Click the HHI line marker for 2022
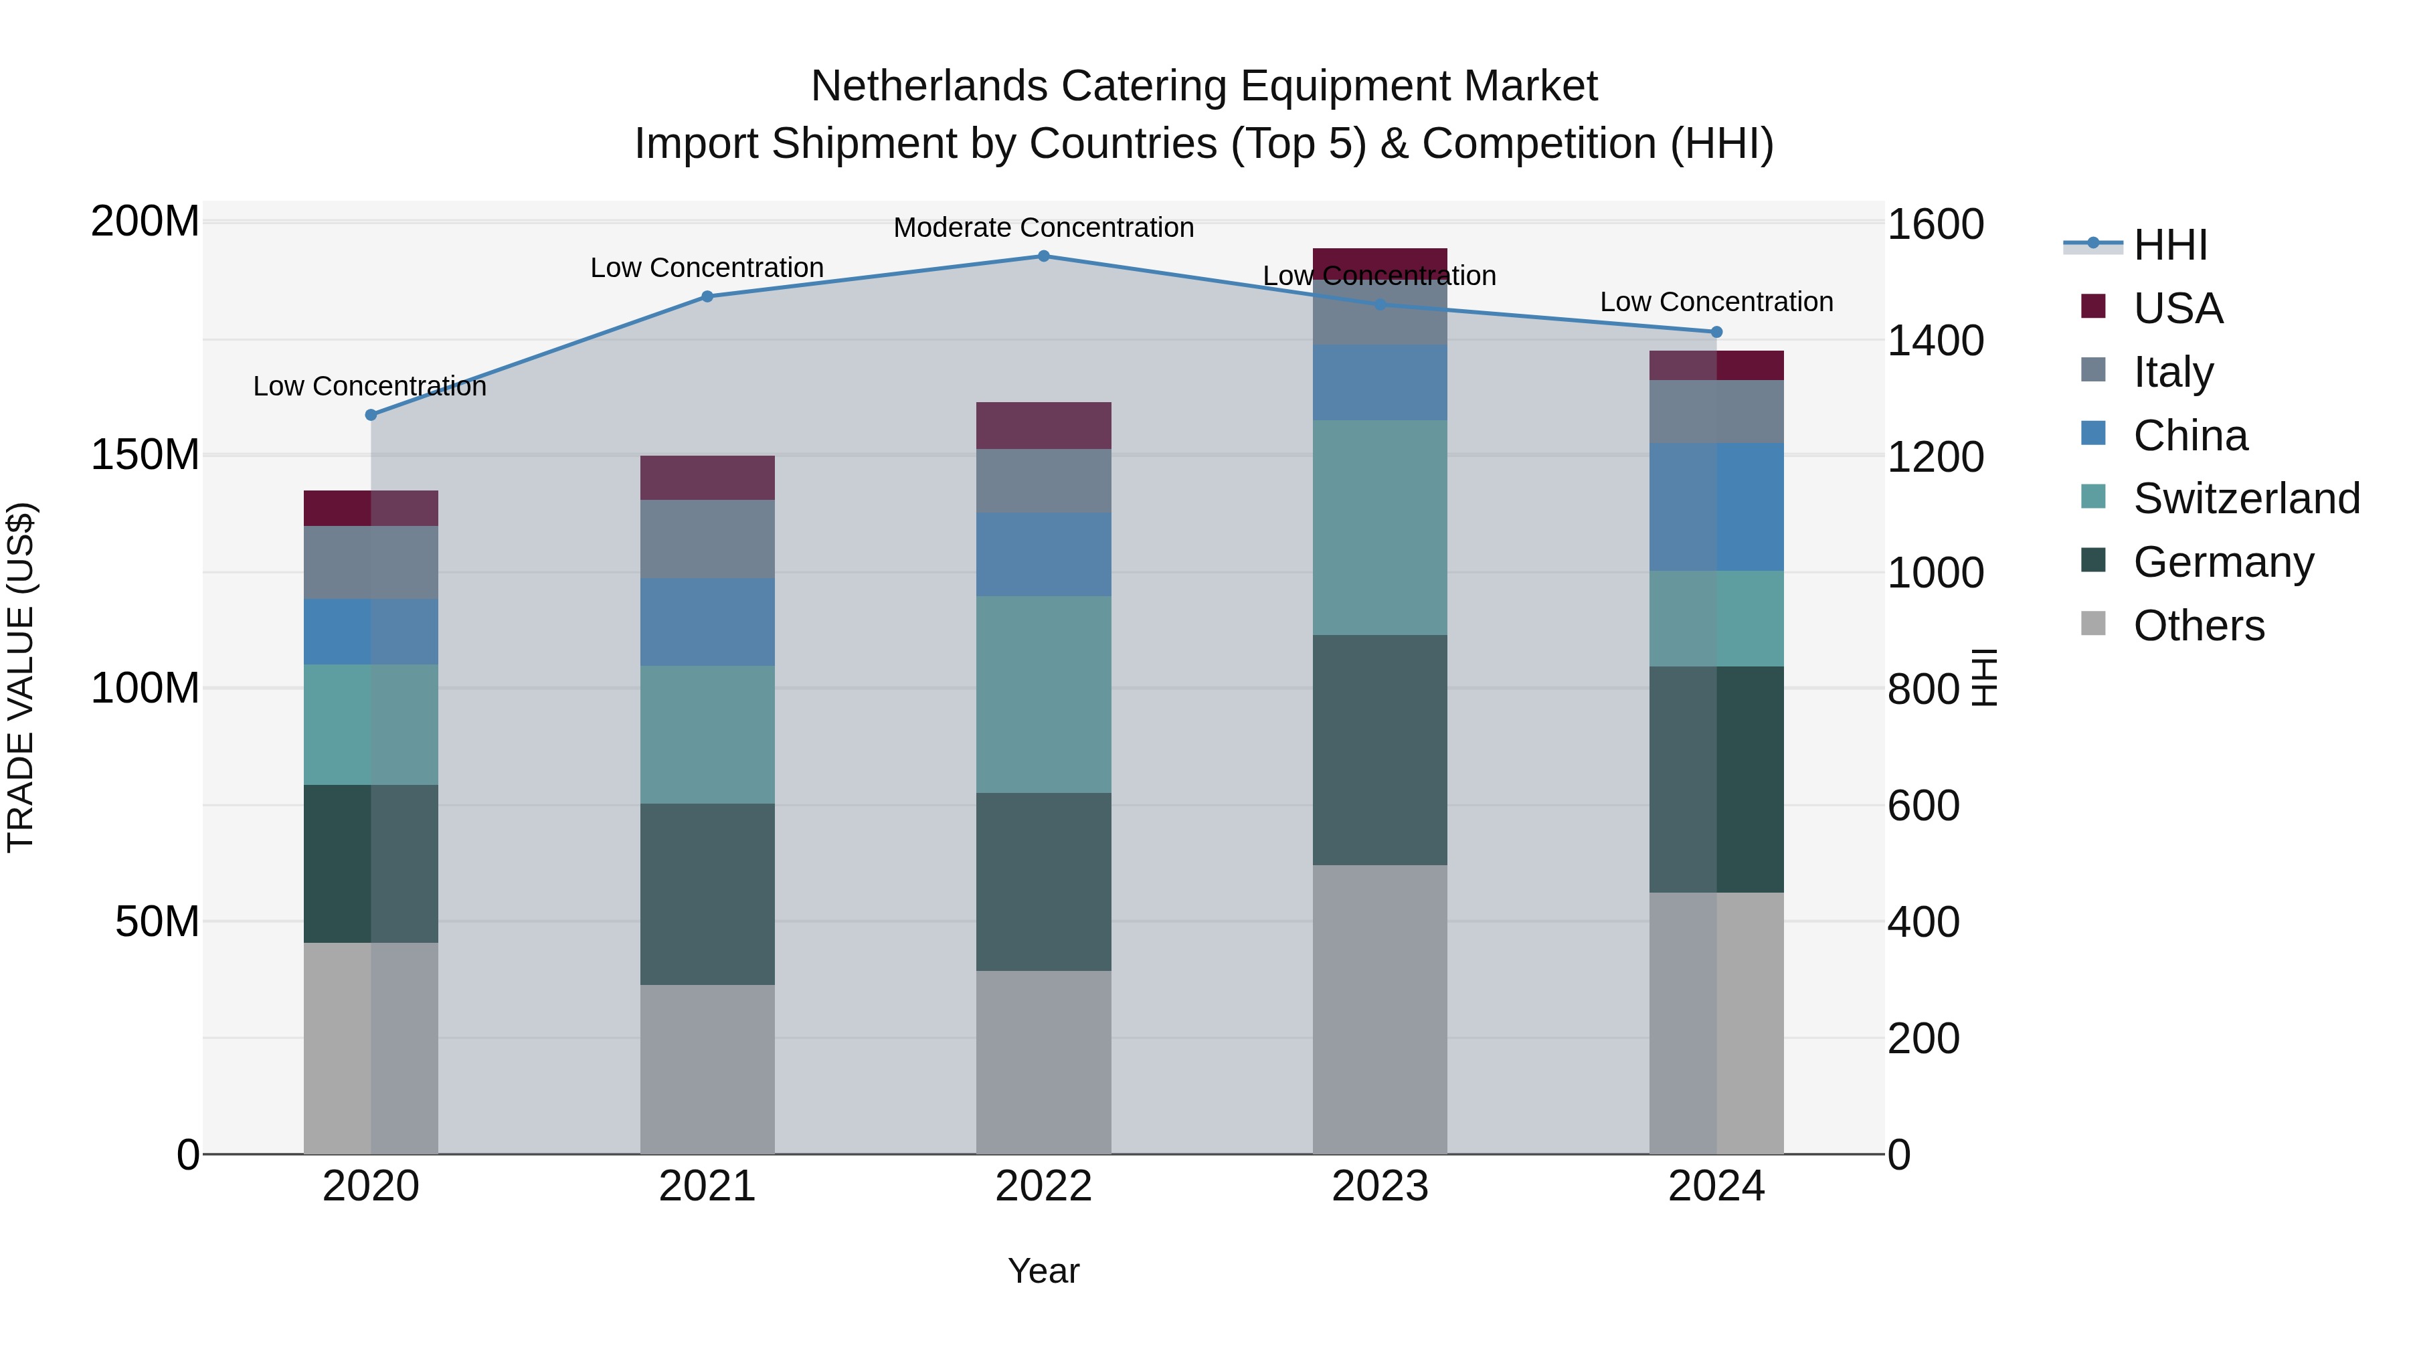pos(1044,256)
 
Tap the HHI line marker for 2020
pos(371,414)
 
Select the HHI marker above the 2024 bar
pos(1716,332)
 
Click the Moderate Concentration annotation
pos(1044,228)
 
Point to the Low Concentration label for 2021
pos(707,268)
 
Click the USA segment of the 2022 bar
pos(1044,426)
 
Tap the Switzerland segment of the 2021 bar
pos(707,734)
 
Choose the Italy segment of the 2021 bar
pos(707,539)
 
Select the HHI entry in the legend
pos(2169,245)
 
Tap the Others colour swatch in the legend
pos(2093,624)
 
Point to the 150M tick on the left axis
pos(145,456)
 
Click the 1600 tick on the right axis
pos(1935,224)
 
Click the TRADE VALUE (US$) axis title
pos(21,677)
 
